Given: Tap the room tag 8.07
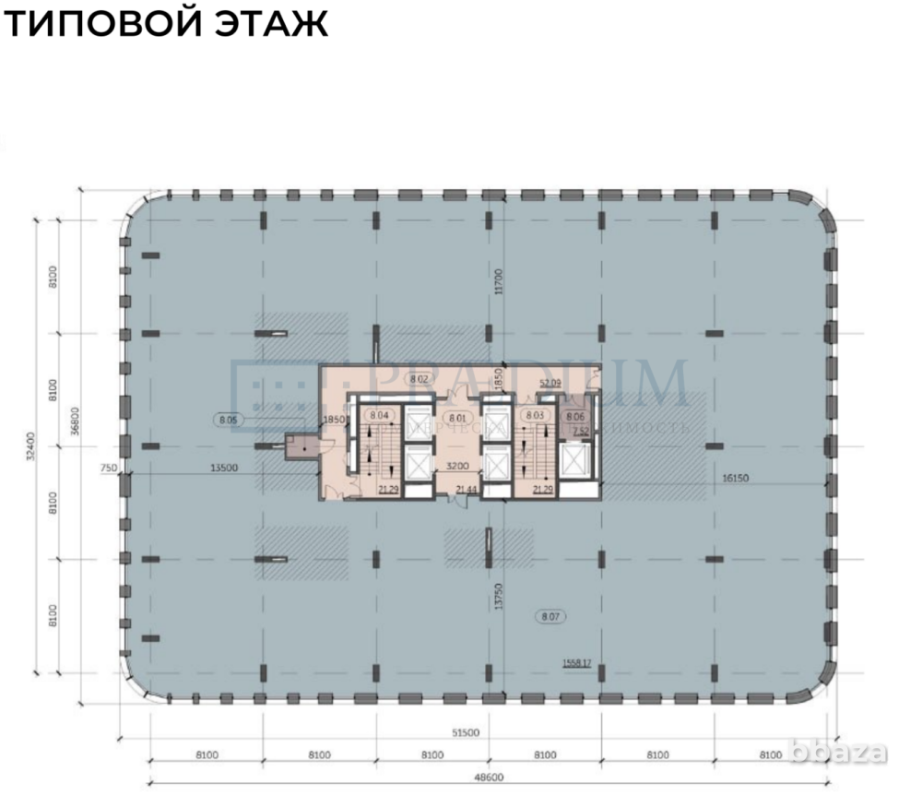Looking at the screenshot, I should pyautogui.click(x=551, y=614).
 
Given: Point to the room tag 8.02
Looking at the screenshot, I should pyautogui.click(x=420, y=379).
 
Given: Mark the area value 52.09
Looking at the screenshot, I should pyautogui.click(x=550, y=382).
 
